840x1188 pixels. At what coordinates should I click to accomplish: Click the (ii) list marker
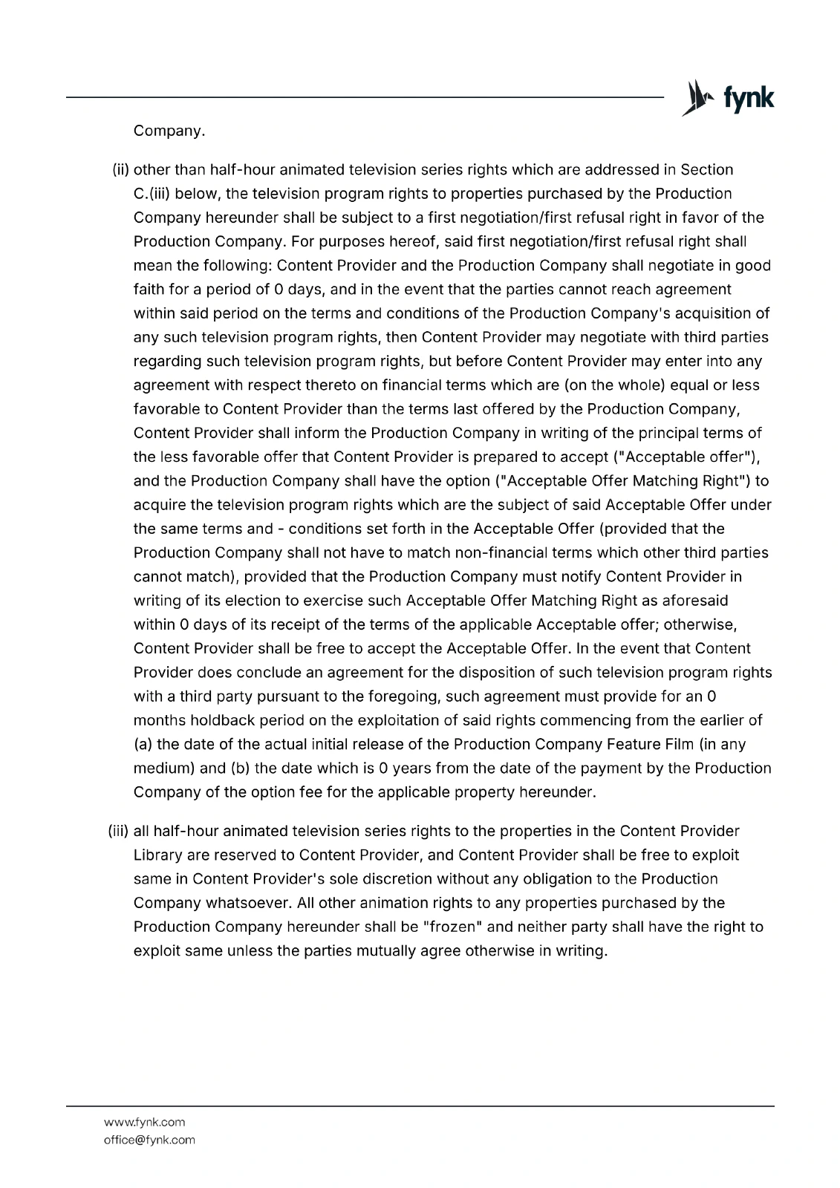(x=120, y=170)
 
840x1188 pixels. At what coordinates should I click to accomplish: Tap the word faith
(x=150, y=290)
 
